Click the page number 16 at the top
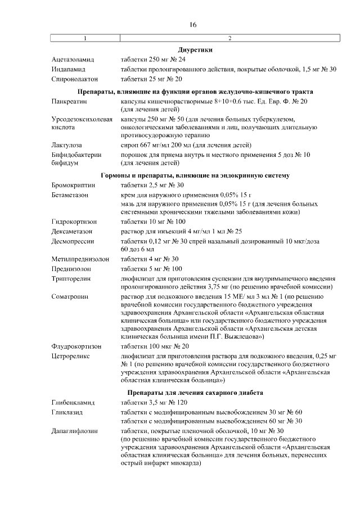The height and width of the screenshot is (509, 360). pyautogui.click(x=193, y=25)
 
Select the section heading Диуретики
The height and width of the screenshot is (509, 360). pyautogui.click(x=195, y=50)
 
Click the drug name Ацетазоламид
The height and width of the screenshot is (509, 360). pyautogui.click(x=73, y=60)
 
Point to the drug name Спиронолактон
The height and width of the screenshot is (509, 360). pyautogui.click(x=74, y=79)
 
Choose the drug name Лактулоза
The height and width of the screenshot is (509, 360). pyautogui.click(x=67, y=145)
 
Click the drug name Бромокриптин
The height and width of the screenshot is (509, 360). pyautogui.click(x=73, y=185)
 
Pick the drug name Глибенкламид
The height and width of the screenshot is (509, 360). pyautogui.click(x=73, y=403)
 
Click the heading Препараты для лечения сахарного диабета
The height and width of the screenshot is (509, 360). pyautogui.click(x=195, y=393)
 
